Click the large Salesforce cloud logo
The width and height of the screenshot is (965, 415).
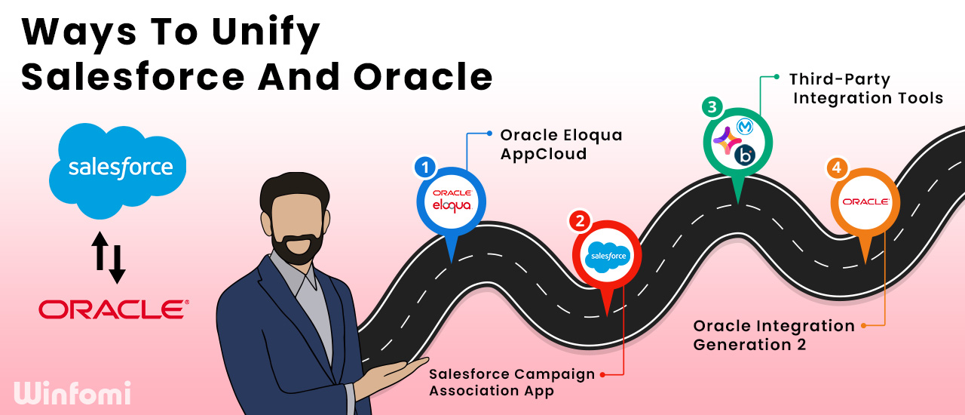(x=118, y=171)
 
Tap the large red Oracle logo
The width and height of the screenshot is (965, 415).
(x=114, y=309)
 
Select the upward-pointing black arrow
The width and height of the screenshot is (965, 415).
(x=100, y=251)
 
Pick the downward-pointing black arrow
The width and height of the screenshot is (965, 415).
(x=117, y=264)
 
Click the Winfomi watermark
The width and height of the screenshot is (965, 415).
(x=72, y=393)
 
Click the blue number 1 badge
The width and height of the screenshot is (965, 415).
(x=425, y=168)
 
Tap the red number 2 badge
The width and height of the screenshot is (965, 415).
(x=580, y=221)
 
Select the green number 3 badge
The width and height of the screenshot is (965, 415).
(x=712, y=107)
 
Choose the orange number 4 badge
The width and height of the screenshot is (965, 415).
(x=837, y=168)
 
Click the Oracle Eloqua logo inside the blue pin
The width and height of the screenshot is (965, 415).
(x=452, y=201)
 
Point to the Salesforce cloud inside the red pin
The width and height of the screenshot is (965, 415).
(x=608, y=257)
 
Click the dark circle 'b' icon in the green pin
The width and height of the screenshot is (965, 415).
(x=745, y=155)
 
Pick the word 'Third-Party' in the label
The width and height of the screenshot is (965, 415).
(x=840, y=80)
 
